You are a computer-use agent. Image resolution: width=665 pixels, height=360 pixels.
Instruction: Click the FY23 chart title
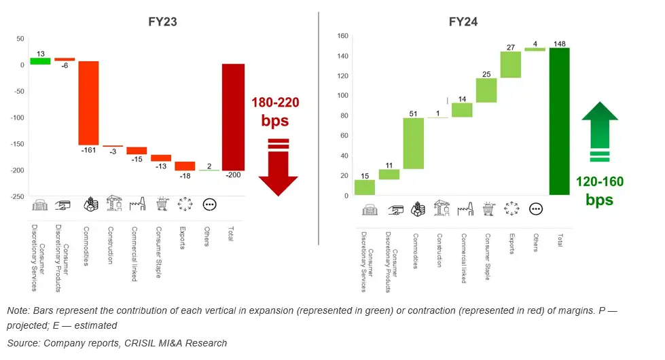163,22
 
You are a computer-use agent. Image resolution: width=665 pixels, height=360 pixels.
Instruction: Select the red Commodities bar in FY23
88,102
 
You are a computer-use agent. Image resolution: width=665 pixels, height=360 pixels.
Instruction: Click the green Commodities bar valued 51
414,143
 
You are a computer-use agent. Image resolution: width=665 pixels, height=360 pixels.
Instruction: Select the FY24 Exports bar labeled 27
511,65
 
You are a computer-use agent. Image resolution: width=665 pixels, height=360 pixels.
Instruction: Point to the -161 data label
89,150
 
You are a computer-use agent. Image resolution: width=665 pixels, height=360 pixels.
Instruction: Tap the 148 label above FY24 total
560,43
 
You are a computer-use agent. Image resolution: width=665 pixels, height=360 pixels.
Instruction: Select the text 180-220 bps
276,112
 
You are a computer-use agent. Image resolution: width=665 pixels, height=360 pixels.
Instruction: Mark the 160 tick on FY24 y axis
342,36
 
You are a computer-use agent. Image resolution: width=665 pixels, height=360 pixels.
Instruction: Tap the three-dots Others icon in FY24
535,209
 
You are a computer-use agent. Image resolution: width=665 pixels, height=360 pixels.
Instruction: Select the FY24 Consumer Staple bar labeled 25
486,90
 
